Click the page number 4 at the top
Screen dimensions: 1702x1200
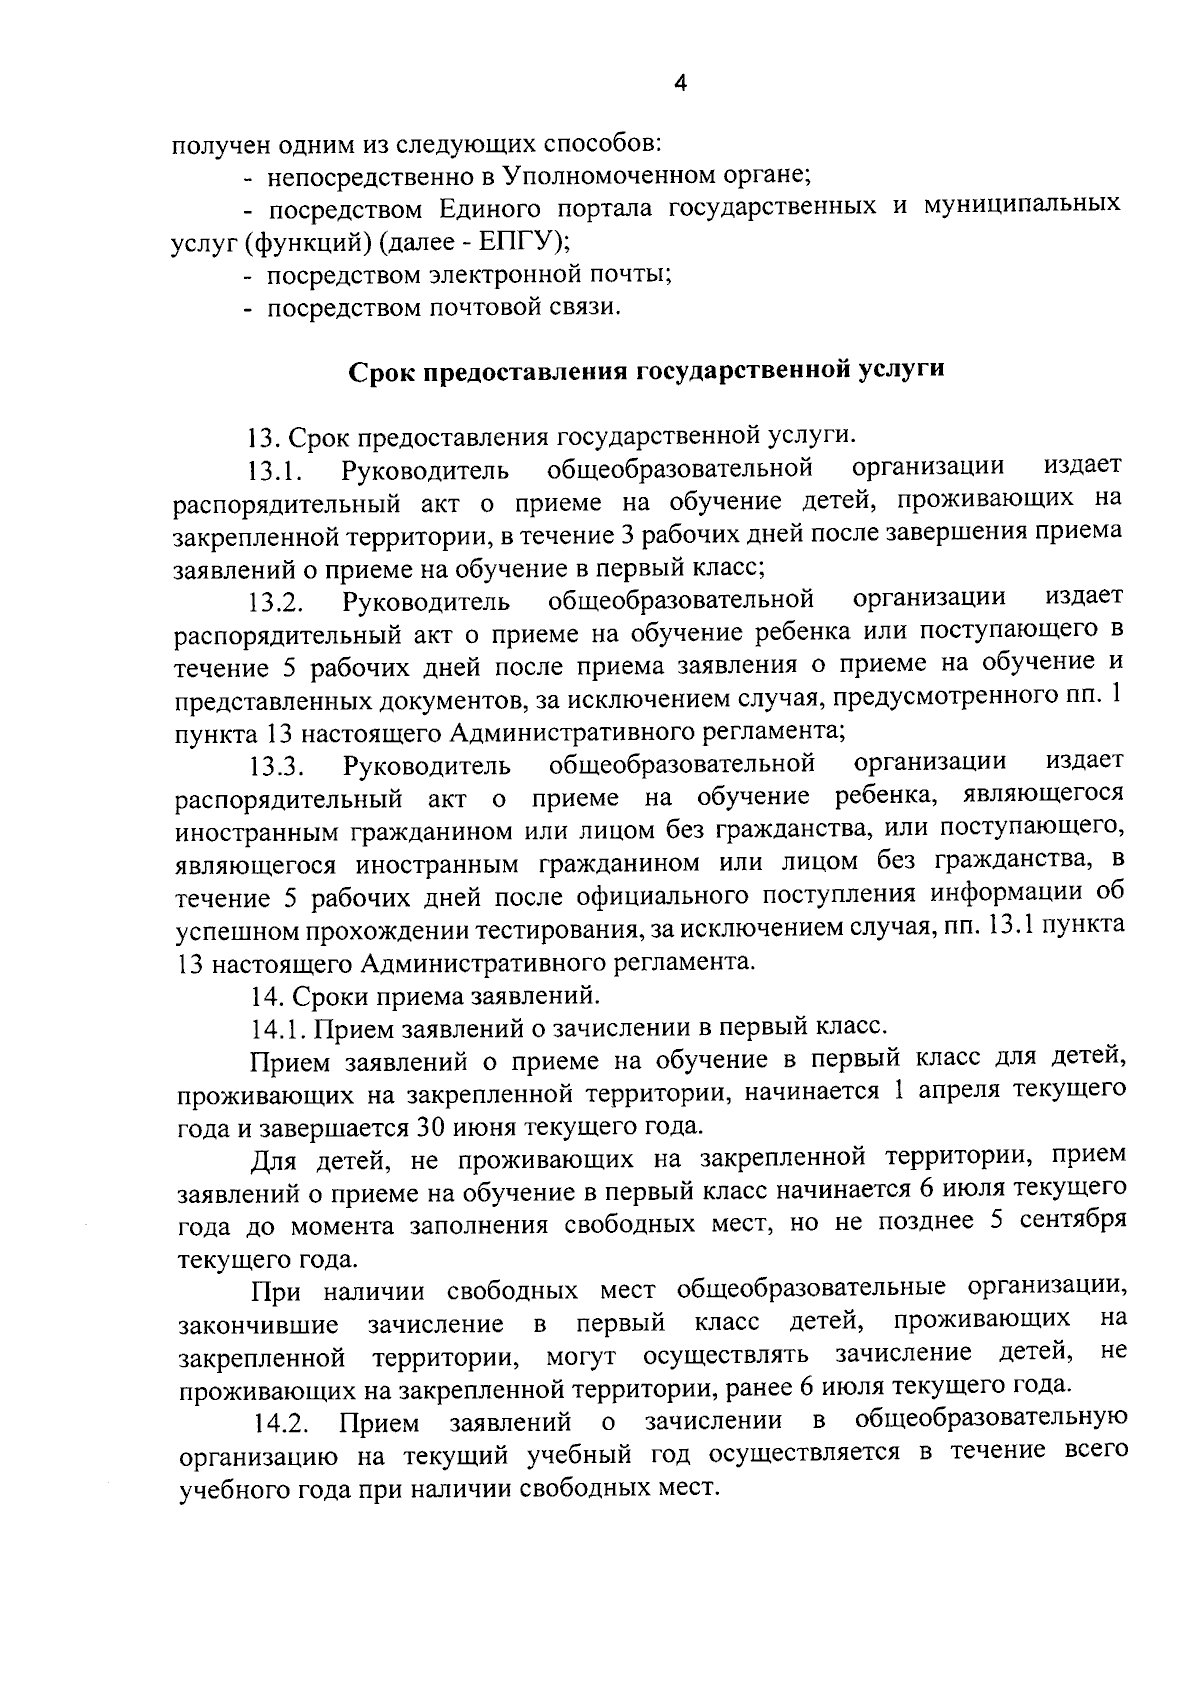pyautogui.click(x=679, y=85)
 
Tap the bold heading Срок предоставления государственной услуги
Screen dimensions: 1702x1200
pyautogui.click(x=645, y=370)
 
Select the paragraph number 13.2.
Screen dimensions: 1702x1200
pyautogui.click(x=276, y=602)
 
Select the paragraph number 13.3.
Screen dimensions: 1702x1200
pyautogui.click(x=276, y=767)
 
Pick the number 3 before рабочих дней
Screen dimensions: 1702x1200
pyautogui.click(x=628, y=535)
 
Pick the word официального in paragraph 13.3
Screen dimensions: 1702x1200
pyautogui.click(x=616, y=897)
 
